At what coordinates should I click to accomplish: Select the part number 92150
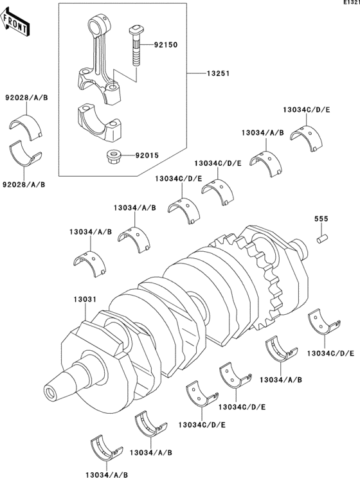tap(164, 46)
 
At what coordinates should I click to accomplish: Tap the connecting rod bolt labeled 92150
tap(138, 45)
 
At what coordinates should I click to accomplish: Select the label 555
tap(321, 220)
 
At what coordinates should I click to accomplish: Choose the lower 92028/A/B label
tap(26, 184)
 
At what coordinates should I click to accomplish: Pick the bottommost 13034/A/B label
tap(106, 474)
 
